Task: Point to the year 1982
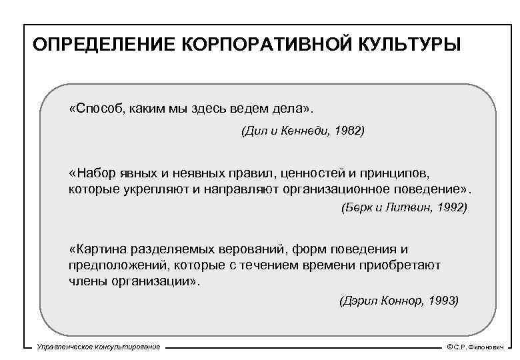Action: (349, 132)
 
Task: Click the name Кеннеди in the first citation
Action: (295, 132)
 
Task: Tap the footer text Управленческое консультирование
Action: (99, 348)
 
